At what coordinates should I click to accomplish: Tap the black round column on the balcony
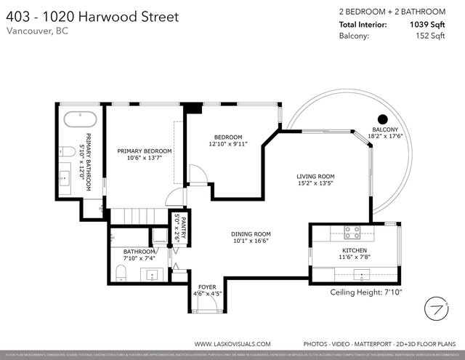(x=382, y=119)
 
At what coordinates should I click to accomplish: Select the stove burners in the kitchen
(x=352, y=233)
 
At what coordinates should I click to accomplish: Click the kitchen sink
(x=361, y=274)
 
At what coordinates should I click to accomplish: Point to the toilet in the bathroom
(x=121, y=273)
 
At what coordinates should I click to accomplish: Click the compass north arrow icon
(x=435, y=308)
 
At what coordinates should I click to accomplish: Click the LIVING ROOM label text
(x=315, y=176)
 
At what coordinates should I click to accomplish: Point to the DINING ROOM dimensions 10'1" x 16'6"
(x=251, y=241)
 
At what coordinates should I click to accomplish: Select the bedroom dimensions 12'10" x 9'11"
(x=230, y=144)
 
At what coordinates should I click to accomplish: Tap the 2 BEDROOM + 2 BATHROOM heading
(x=381, y=12)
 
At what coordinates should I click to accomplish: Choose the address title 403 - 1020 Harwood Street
(x=92, y=15)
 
